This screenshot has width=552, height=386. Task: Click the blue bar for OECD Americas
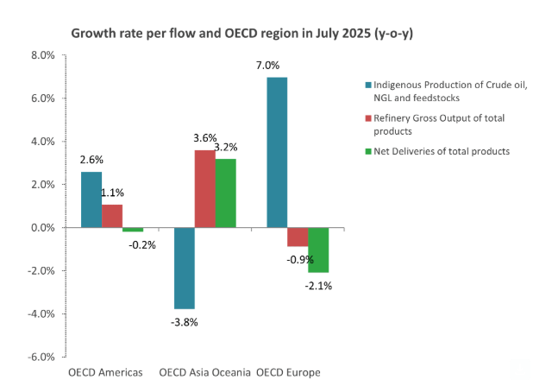[91, 199]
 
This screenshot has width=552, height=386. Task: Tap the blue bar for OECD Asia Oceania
[184, 268]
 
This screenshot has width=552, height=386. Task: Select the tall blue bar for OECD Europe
[277, 152]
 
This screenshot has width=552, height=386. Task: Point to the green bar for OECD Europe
[318, 250]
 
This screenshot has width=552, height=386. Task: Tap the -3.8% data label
[184, 322]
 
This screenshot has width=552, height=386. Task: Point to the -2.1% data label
[318, 285]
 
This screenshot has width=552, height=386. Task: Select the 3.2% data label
[226, 147]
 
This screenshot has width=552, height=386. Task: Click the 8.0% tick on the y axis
[42, 55]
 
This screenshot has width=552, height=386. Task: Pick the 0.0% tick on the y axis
[42, 228]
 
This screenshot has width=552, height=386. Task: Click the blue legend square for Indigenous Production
[367, 84]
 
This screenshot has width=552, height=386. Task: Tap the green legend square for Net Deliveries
[367, 151]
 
